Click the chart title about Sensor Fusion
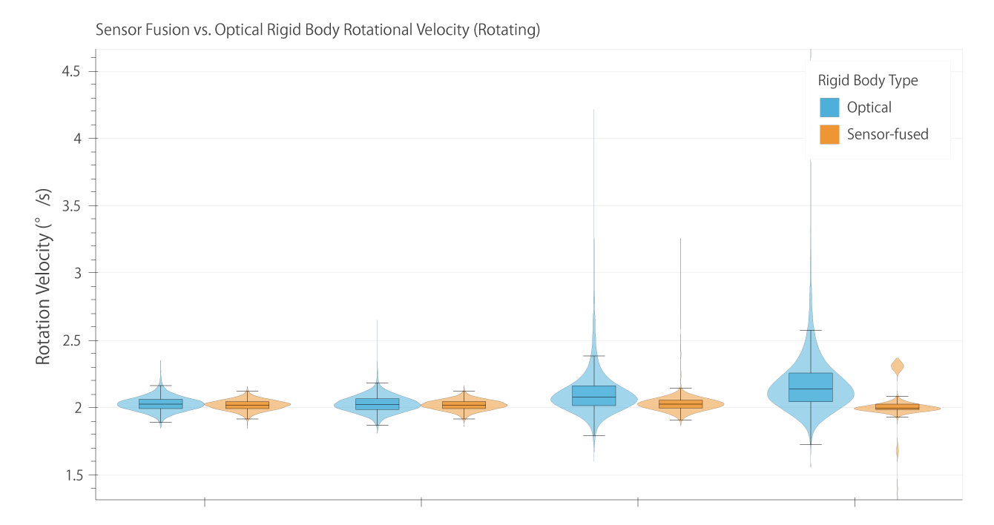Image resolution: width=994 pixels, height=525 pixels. [317, 31]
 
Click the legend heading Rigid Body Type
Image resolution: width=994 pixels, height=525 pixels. [868, 80]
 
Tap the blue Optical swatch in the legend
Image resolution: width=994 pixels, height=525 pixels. [829, 108]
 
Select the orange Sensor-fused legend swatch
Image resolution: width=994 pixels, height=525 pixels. [829, 134]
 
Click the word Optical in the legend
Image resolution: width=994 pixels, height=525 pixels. [869, 108]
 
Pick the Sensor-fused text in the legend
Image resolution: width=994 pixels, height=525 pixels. [888, 134]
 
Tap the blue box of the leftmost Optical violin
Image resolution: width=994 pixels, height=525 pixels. [160, 403]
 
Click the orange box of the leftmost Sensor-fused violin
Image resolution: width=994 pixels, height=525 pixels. [247, 405]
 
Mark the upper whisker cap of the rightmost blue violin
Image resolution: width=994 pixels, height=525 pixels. [811, 330]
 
